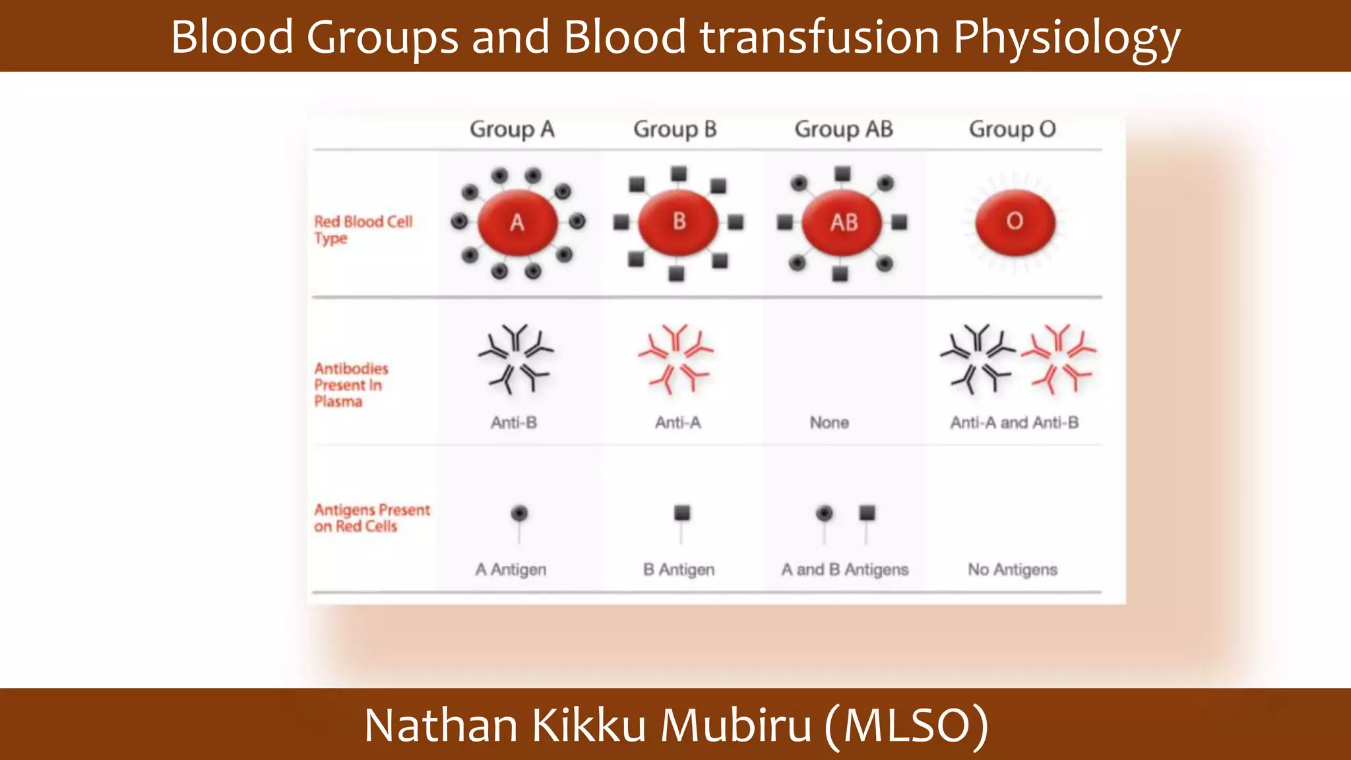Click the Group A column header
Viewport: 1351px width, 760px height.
(x=512, y=129)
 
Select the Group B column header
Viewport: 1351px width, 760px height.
(x=675, y=129)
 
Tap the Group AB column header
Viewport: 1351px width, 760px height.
(x=844, y=129)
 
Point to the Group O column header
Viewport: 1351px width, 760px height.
(x=1012, y=129)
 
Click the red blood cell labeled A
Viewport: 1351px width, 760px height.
(x=517, y=222)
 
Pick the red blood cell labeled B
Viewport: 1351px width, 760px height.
(x=679, y=222)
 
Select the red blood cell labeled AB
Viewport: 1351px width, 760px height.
(x=843, y=222)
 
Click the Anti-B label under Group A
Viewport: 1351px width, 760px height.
(x=513, y=423)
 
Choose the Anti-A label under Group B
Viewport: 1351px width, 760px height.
(x=677, y=423)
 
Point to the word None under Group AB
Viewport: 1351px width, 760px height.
(x=829, y=423)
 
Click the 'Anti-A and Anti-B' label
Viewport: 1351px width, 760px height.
(x=1014, y=423)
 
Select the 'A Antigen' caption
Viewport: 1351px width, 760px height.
(x=511, y=569)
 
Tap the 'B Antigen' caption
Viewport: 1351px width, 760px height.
(x=679, y=569)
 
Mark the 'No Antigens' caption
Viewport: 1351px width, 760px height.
(x=1013, y=569)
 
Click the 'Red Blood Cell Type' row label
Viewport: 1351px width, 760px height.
(x=363, y=230)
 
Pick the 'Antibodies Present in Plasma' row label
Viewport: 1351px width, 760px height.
(x=351, y=385)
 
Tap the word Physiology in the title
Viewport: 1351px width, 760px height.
(x=1066, y=38)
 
